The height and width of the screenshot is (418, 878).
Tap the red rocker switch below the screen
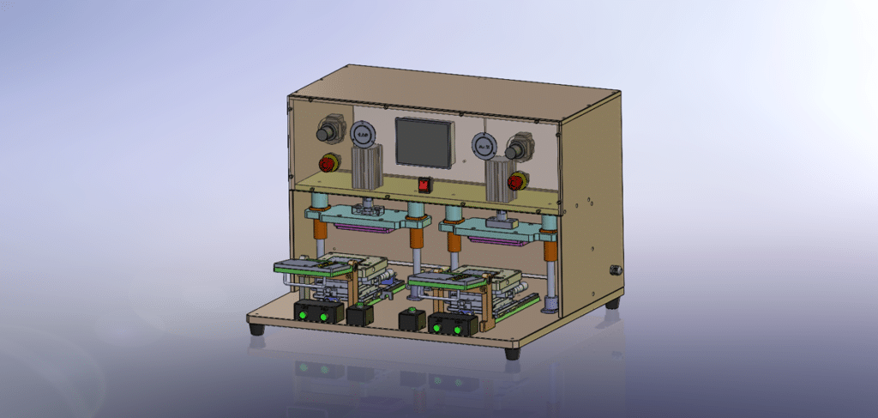pos(423,184)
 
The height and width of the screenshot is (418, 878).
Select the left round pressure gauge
pos(363,134)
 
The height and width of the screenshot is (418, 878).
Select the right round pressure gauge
pos(483,147)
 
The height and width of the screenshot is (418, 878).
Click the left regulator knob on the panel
pos(328,132)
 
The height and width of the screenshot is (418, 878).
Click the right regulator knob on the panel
pos(517,151)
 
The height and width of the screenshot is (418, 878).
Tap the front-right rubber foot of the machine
pos(512,352)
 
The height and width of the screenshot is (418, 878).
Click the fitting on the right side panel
pos(615,269)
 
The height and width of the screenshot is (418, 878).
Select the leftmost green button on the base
pos(304,317)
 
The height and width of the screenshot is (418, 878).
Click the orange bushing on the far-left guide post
pos(319,227)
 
